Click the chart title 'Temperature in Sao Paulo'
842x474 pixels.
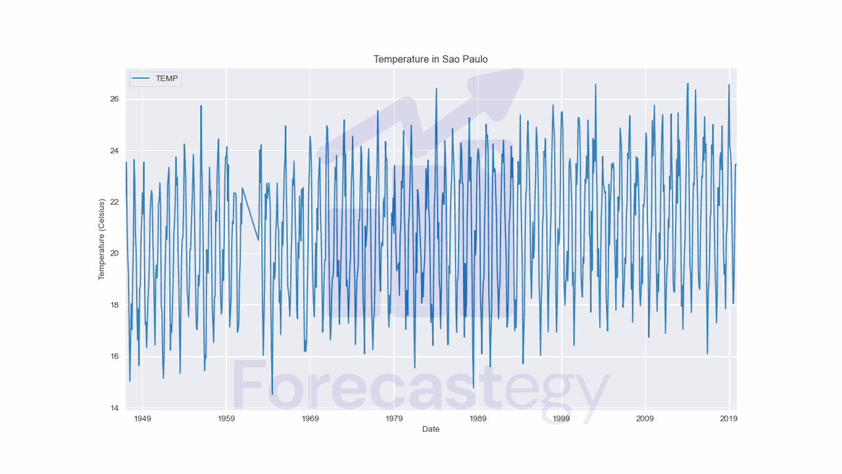[430, 59]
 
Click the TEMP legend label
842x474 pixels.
[166, 79]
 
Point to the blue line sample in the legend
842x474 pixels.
[141, 79]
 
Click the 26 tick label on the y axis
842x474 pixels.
[114, 99]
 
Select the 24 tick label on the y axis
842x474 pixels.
[114, 151]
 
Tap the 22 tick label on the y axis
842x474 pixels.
[114, 202]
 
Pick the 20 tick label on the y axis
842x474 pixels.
[114, 253]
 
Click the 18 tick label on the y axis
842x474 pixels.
[114, 305]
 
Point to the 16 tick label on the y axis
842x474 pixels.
[114, 357]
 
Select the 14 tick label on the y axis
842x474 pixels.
[114, 408]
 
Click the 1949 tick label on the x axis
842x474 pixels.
[142, 419]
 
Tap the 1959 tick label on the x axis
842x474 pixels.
[226, 419]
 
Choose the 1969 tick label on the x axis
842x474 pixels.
[310, 419]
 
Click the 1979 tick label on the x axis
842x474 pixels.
[394, 419]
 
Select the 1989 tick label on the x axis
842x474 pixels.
[478, 419]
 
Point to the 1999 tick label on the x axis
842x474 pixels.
[562, 419]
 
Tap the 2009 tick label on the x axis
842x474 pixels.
[645, 419]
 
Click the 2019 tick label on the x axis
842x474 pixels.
[729, 419]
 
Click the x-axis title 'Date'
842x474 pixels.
[431, 429]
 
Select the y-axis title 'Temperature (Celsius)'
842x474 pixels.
[102, 239]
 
